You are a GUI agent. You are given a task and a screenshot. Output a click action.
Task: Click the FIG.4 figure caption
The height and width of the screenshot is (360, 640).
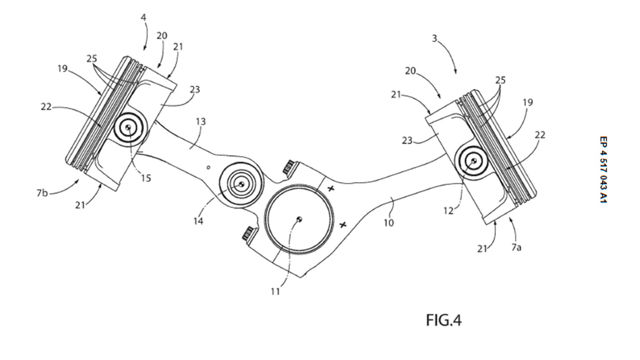pos(443,320)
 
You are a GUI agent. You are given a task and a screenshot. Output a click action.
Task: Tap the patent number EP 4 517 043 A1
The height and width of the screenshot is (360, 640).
pos(603,170)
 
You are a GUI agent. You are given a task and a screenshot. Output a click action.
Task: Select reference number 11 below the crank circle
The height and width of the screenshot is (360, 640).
pos(275,292)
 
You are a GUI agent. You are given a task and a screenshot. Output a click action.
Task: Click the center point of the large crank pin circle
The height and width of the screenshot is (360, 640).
pos(300,218)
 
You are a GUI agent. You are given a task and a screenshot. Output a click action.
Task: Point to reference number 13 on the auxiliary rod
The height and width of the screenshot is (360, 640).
pos(201,121)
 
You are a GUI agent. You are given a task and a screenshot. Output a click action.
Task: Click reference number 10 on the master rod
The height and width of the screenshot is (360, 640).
pos(388,222)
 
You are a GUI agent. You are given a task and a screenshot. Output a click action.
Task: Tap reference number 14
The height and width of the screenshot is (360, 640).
pos(198,220)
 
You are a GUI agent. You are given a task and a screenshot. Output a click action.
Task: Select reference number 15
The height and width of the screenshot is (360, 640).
pos(146,178)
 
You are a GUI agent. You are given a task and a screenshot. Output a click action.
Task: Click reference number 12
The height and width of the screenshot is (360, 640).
pos(449,210)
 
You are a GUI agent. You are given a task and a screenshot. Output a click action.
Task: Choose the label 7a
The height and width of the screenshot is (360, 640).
pos(516,248)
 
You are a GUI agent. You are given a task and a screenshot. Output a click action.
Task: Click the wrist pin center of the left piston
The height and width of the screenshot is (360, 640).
pos(128,127)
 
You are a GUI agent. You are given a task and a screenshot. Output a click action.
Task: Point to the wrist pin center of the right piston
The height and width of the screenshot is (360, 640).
pos(473,161)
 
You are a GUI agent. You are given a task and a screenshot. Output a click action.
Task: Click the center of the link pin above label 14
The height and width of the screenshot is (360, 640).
pos(241,184)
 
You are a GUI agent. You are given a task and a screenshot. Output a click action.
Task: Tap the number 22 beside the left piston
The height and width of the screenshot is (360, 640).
pos(46,107)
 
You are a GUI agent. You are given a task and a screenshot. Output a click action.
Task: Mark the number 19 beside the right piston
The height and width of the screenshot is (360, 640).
pos(527,102)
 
